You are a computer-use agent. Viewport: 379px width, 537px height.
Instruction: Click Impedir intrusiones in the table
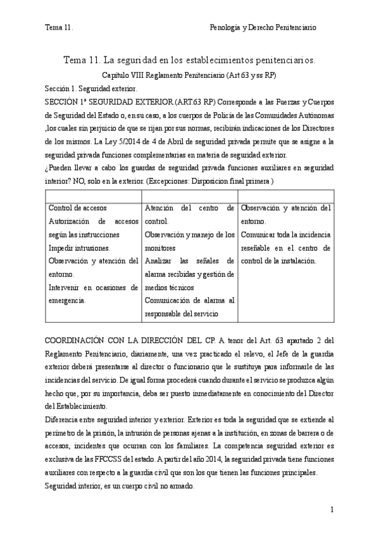[x=79, y=248]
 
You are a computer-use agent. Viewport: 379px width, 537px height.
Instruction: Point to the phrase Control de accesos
[x=77, y=208]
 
